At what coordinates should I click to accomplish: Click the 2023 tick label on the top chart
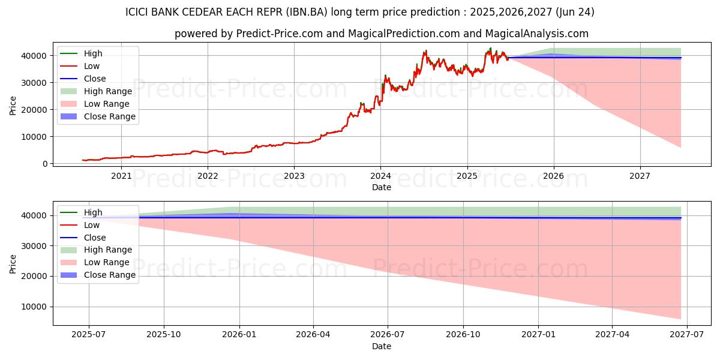click(294, 176)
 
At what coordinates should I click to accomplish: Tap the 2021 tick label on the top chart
click(122, 176)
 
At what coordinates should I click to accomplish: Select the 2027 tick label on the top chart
click(640, 176)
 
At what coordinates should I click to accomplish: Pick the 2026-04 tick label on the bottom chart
click(314, 334)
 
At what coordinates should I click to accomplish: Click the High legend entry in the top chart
click(93, 53)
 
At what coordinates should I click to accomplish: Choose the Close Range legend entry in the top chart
click(109, 116)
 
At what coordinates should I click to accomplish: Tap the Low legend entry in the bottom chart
click(92, 225)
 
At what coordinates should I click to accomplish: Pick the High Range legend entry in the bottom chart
click(108, 250)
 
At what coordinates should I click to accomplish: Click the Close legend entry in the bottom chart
click(95, 238)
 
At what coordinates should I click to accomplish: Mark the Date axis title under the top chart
click(381, 187)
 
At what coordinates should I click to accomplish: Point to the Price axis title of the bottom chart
click(13, 263)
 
